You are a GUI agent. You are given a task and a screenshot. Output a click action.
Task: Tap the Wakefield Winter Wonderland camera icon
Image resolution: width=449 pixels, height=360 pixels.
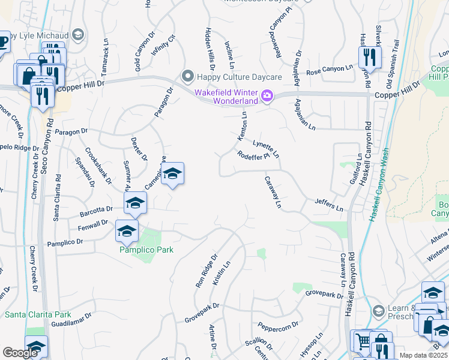pos(267,95)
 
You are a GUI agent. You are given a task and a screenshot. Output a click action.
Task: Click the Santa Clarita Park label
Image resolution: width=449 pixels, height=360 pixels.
pos(38,314)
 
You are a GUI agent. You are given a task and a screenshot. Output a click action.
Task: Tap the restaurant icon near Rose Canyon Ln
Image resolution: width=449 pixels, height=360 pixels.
pos(369,58)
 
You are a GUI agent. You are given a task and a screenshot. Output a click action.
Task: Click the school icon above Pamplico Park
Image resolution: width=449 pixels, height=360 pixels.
pos(127,230)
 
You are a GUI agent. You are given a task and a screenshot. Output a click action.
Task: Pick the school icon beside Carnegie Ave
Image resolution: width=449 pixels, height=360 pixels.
pos(172,174)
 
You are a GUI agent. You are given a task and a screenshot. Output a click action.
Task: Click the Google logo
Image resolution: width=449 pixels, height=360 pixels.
pos(20,353)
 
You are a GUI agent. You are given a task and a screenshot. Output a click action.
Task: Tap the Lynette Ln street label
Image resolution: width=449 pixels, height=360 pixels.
pos(266,148)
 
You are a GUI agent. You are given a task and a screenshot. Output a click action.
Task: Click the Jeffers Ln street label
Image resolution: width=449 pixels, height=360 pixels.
pos(329,204)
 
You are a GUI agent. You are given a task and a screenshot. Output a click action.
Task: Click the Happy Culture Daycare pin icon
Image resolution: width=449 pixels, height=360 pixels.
pos(187,76)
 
